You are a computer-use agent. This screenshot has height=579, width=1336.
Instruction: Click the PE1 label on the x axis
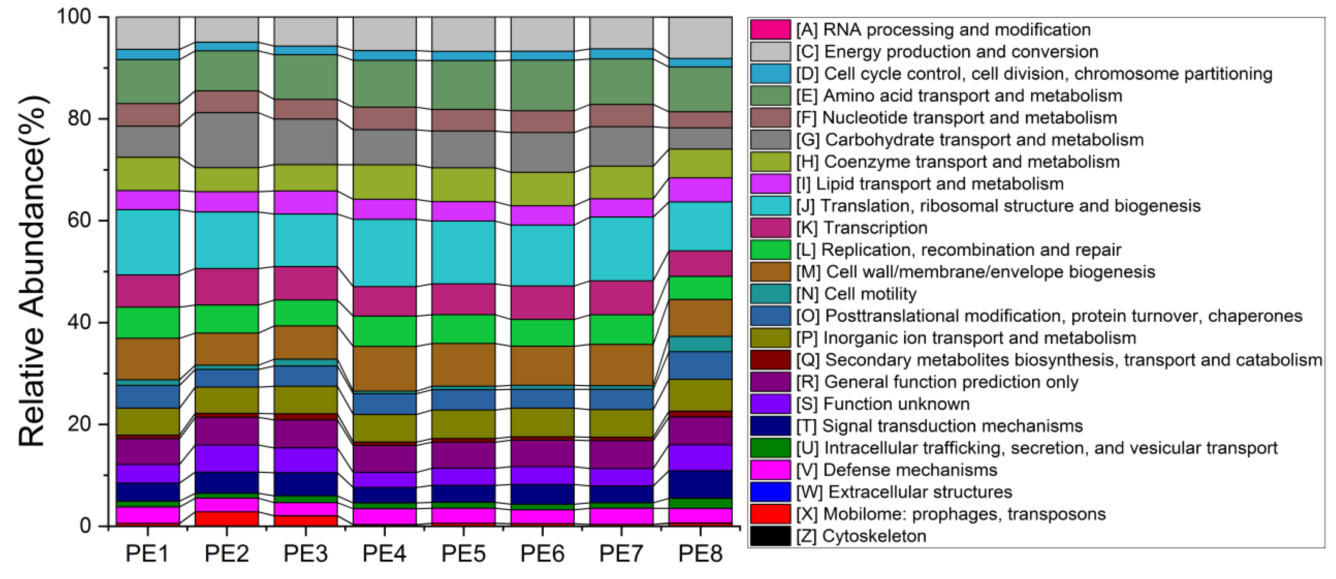click(x=147, y=554)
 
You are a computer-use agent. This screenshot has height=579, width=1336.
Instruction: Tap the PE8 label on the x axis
click(x=700, y=554)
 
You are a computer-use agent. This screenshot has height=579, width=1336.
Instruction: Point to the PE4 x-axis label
click(x=384, y=554)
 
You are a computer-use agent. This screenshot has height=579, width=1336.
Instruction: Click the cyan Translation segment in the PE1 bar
click(x=147, y=242)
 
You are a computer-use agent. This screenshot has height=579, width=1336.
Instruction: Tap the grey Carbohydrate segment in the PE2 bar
click(x=227, y=140)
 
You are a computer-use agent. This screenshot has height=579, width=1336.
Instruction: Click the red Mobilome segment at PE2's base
click(x=227, y=519)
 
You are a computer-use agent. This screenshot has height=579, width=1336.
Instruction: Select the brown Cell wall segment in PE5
click(x=463, y=364)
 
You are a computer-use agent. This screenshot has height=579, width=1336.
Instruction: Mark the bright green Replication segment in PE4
click(x=384, y=331)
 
